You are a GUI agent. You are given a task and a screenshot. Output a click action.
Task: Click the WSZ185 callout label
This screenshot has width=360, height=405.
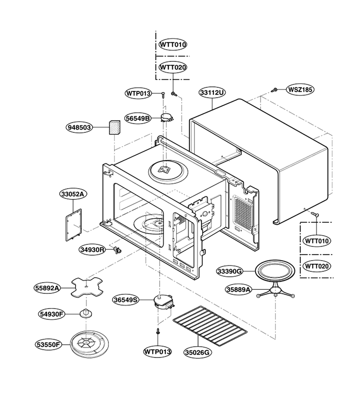pyautogui.click(x=300, y=90)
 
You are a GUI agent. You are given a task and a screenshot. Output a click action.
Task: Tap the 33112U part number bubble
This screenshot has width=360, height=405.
pyautogui.click(x=212, y=92)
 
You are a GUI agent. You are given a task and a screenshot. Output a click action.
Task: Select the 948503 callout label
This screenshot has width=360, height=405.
pyautogui.click(x=79, y=127)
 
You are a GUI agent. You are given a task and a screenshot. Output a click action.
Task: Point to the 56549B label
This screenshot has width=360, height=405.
pyautogui.click(x=137, y=118)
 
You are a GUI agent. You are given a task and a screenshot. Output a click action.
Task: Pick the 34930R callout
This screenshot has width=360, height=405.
pyautogui.click(x=92, y=250)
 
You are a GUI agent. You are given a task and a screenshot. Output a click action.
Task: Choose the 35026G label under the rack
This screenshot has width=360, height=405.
pyautogui.click(x=198, y=352)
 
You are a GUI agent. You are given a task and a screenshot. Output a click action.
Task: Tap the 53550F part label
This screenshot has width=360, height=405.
pyautogui.click(x=48, y=345)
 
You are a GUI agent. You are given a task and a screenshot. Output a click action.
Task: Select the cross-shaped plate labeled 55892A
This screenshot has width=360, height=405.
pyautogui.click(x=87, y=287)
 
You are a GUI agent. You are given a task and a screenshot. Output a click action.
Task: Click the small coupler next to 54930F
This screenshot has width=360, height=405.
pyautogui.click(x=86, y=313)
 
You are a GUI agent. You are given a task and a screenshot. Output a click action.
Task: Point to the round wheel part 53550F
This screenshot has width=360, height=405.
pyautogui.click(x=89, y=344)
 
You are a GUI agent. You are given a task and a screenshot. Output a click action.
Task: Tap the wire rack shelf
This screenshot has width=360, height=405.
pyautogui.click(x=210, y=326)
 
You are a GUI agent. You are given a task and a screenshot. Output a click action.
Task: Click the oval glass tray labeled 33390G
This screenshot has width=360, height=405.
pyautogui.click(x=275, y=271)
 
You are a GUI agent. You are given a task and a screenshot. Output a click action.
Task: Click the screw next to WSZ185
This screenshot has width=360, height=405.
pyautogui.click(x=274, y=90)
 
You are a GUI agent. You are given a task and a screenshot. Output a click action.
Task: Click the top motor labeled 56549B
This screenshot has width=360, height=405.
pyautogui.click(x=167, y=118)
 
